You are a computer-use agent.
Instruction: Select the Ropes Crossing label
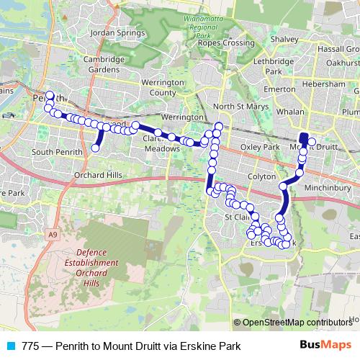click(226, 43)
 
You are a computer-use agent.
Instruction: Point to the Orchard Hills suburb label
click(99, 175)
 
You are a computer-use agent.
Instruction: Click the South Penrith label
click(54, 152)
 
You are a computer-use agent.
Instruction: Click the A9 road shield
click(53, 235)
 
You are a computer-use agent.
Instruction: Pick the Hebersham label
click(324, 84)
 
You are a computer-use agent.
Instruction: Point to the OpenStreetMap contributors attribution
click(297, 322)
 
